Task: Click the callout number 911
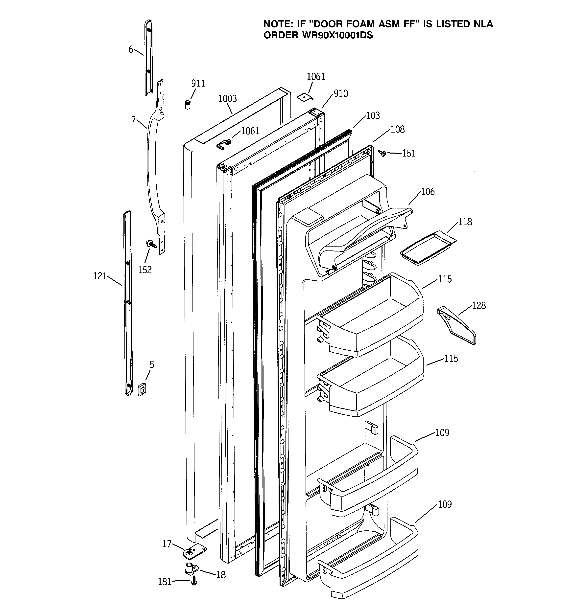coord(198,83)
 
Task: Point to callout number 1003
coord(227,99)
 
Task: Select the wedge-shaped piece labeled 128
coord(456,325)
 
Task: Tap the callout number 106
coord(428,192)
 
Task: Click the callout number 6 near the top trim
coord(131,49)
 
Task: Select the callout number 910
coord(340,93)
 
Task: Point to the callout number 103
coord(373,116)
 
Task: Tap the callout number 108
coord(397,129)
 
